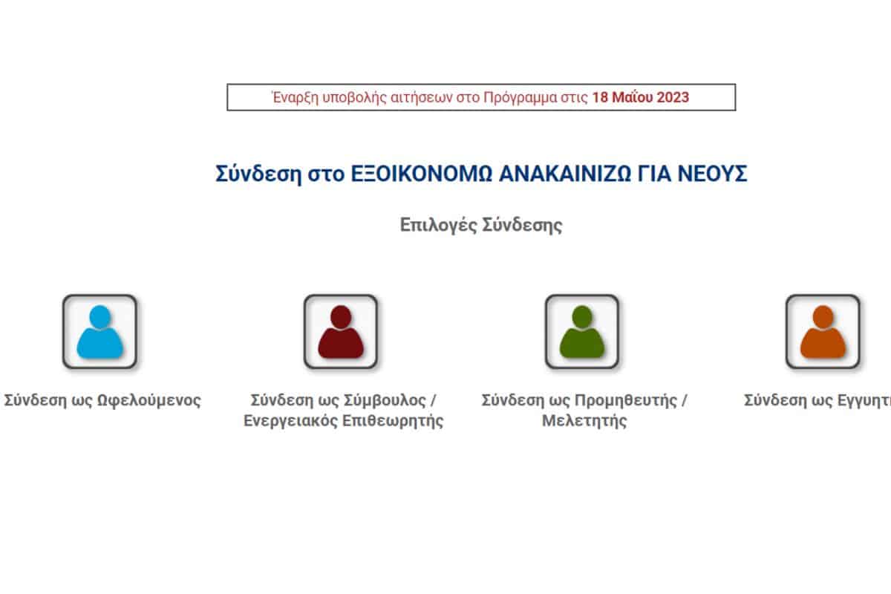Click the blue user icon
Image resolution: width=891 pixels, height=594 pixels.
tap(99, 331)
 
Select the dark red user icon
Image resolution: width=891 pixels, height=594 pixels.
tap(341, 331)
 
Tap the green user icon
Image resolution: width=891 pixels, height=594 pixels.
tap(582, 331)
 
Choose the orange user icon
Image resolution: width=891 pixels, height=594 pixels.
tap(823, 331)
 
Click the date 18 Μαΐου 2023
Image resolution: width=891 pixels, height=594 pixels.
tap(640, 97)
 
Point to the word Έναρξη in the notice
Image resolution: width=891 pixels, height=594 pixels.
tap(296, 97)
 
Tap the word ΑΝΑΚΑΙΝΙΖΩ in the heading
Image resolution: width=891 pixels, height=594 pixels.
tap(565, 174)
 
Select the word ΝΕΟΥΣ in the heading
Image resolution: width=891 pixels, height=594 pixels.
tap(712, 174)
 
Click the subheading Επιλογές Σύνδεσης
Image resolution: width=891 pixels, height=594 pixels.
tap(481, 225)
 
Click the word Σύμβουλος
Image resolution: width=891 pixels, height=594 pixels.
tap(385, 400)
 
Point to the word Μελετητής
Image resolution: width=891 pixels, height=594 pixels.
tap(584, 420)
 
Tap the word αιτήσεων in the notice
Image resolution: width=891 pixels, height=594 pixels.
tap(422, 98)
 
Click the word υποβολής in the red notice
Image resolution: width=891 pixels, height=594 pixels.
tap(354, 98)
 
